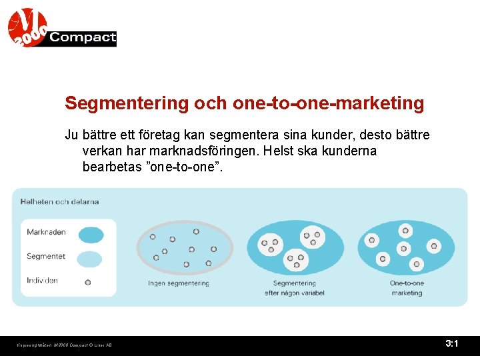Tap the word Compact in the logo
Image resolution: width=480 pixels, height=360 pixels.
pos(83,38)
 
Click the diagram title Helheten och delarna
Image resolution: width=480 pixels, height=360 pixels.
pos(59,201)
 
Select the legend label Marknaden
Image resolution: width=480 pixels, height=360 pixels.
pos(46,233)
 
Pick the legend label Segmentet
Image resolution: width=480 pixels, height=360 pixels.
pos(46,256)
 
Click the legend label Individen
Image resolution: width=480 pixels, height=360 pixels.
pos(42,280)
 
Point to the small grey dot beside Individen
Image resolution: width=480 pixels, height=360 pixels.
pos(88,282)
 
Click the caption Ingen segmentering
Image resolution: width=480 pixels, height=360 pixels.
pos(179,283)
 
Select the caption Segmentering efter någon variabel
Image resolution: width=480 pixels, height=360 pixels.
pos(294,288)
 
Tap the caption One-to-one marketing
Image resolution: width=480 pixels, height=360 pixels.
pos(407,288)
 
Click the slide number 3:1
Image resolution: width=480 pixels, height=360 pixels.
pos(451,344)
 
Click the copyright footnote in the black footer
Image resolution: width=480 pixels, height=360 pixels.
pos(65,345)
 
